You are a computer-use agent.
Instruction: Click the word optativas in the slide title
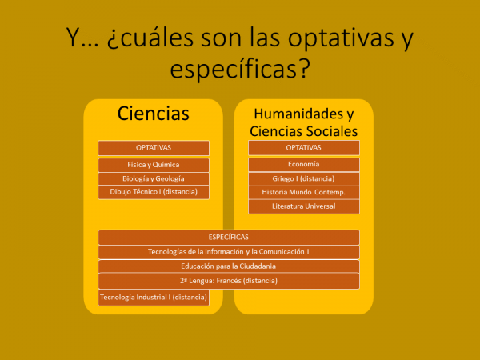341,38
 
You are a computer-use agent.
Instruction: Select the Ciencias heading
154,114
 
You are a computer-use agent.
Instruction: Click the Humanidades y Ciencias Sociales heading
304,122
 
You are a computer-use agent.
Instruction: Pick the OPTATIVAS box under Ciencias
154,148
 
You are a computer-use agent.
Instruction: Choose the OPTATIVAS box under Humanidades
304,148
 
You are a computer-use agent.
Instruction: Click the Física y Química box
154,165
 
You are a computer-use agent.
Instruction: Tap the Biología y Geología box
154,178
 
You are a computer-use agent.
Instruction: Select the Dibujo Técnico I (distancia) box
154,192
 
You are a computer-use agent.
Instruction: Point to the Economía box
304,164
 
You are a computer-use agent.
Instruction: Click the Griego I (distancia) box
304,178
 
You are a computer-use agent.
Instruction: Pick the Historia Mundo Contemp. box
304,193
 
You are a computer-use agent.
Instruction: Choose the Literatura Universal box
304,206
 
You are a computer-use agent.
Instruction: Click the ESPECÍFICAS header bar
229,238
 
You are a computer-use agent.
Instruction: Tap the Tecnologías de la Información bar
229,252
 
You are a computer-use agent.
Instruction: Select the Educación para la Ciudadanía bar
229,266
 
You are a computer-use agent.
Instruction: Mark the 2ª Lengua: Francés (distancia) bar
229,281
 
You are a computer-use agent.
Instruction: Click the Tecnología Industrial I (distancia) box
154,298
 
